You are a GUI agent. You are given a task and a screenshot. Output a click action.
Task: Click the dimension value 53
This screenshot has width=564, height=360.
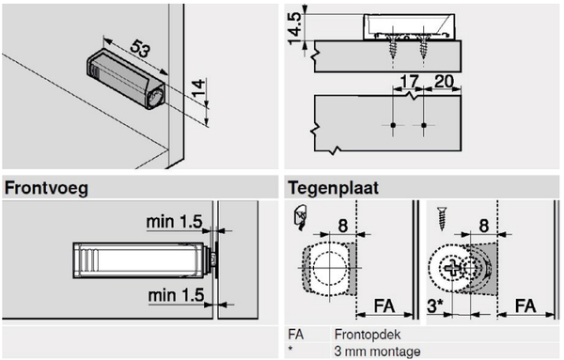pos(139,49)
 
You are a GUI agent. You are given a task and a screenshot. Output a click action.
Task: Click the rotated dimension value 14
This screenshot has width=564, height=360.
pos(198,87)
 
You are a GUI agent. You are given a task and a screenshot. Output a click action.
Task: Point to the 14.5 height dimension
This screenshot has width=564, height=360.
pos(296,28)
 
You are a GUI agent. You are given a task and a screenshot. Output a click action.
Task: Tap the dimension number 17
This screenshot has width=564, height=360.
pos(410,82)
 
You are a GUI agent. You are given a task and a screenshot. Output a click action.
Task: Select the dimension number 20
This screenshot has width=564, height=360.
pos(444,82)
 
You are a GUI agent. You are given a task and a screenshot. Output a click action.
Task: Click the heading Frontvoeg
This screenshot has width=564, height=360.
pos(46,188)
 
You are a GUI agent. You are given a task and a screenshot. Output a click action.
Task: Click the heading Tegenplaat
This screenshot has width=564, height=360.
pos(333,188)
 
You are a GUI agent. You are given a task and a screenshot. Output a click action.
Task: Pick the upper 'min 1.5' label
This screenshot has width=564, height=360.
pos(174,222)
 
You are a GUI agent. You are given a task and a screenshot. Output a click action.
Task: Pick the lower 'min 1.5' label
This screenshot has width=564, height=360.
pos(176,295)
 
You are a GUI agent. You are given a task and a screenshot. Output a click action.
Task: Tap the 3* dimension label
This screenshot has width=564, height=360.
pos(435,305)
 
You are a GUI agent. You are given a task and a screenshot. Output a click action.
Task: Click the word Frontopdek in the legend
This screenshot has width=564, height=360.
pos(368,335)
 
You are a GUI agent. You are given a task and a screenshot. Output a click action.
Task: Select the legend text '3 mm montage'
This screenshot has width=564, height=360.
pos(377,351)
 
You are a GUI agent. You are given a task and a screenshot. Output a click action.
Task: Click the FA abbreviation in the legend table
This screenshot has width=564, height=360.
pos(296,335)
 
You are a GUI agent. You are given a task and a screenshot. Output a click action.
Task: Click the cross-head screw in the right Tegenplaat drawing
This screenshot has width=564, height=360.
pos(452,268)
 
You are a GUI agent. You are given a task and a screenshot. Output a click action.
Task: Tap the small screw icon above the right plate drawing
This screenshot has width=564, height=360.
pos(442,218)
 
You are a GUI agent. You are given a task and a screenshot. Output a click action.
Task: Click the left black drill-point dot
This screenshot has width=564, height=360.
pos(393,125)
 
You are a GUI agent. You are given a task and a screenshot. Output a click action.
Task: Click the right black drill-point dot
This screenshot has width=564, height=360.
pos(424,125)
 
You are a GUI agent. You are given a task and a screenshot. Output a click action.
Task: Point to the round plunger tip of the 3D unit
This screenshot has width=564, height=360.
pos(156,97)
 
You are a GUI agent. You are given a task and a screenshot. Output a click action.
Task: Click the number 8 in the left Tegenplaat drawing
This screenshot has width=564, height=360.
pos(343,227)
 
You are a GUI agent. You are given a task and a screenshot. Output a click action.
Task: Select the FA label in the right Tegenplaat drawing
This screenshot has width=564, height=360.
pos(525,306)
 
